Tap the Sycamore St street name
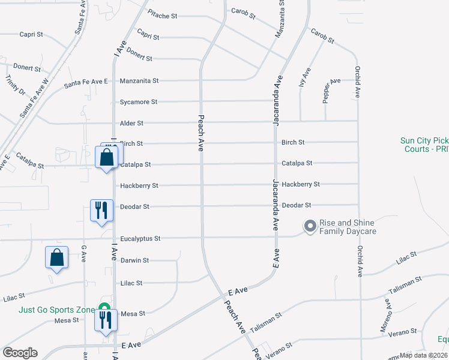(138, 102)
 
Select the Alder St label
(131, 123)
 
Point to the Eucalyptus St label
(140, 238)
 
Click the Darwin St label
(134, 260)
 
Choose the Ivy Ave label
(306, 77)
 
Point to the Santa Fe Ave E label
(86, 83)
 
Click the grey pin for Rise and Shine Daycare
(310, 226)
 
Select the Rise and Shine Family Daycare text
(348, 227)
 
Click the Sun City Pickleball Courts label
(424, 145)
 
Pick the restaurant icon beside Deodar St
(100, 210)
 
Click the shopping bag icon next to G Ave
(56, 258)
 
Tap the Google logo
(20, 353)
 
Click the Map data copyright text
(423, 355)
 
